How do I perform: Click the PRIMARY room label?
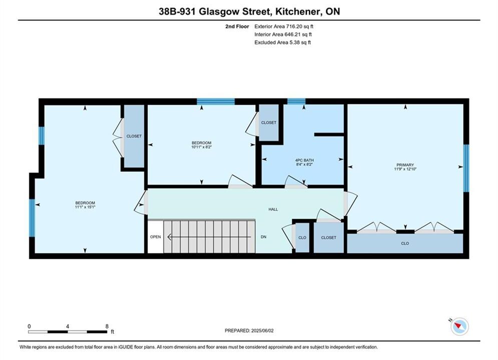(x=405, y=165)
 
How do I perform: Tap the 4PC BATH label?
(x=304, y=160)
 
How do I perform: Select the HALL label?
(x=273, y=209)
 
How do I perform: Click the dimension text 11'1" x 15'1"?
(x=85, y=207)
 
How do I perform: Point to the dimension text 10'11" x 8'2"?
(x=201, y=147)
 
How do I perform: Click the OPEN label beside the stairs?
(x=156, y=237)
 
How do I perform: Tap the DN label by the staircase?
(x=264, y=237)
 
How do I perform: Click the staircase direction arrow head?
(x=170, y=237)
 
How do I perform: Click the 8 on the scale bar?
(x=107, y=326)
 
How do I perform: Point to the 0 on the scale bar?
(x=29, y=326)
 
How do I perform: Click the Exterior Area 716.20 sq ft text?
(x=284, y=26)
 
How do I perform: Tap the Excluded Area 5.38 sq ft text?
(x=283, y=42)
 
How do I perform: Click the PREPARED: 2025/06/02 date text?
(x=249, y=330)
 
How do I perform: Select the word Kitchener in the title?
(x=298, y=11)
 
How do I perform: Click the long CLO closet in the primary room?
(x=405, y=243)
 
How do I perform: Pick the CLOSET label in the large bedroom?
(x=134, y=136)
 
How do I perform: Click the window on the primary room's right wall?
(x=466, y=168)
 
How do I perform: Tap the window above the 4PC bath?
(x=296, y=101)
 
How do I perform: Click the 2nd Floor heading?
(x=237, y=26)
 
